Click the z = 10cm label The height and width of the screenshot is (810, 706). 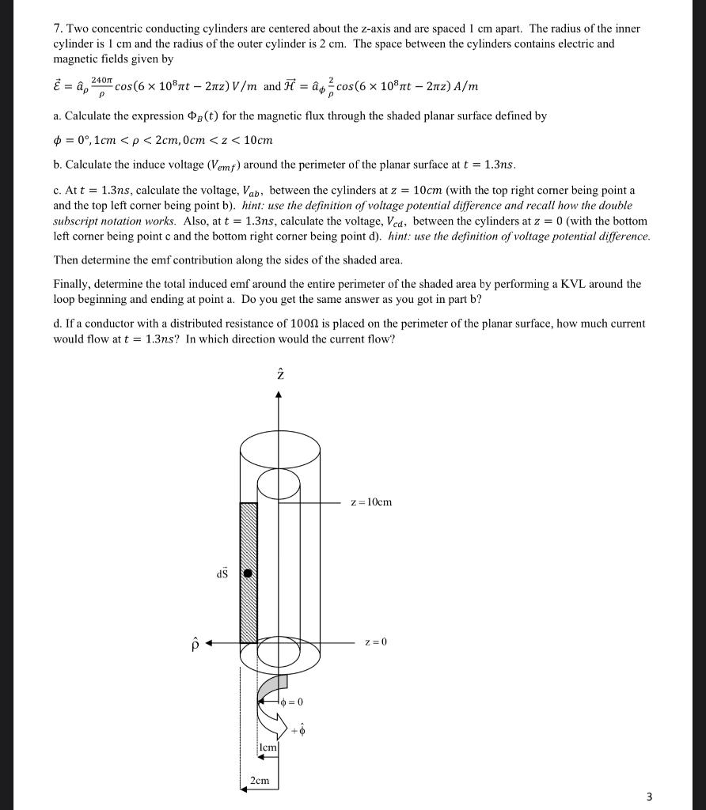coord(371,502)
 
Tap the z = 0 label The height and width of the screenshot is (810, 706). coord(377,642)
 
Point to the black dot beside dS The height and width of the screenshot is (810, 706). coord(248,573)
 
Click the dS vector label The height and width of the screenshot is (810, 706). coord(222,573)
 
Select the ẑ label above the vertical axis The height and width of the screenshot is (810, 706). coord(278,375)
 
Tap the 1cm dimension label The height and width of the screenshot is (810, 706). coord(268,747)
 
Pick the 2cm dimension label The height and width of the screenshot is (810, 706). coord(259,781)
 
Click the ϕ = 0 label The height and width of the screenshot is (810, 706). coord(291,702)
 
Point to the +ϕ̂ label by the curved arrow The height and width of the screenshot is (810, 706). coord(298,732)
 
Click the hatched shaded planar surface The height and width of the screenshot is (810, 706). coord(249,538)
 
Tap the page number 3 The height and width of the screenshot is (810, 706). coord(649,797)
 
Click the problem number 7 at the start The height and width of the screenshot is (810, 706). coord(57,28)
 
